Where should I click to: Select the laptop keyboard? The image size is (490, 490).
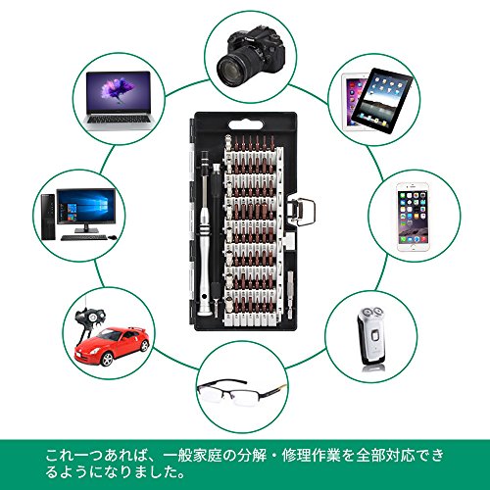(119, 119)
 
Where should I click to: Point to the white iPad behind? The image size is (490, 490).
(354, 98)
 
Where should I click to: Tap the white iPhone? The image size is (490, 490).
(413, 217)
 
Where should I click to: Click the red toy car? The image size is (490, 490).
(112, 346)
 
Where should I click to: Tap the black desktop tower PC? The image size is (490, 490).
(48, 217)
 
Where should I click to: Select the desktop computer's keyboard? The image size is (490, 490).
(83, 238)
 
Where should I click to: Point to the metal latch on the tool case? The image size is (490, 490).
(302, 212)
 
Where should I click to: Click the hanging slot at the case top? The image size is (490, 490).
(246, 124)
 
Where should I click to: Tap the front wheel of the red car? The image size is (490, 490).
(106, 359)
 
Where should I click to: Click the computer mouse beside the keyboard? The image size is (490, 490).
(113, 237)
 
